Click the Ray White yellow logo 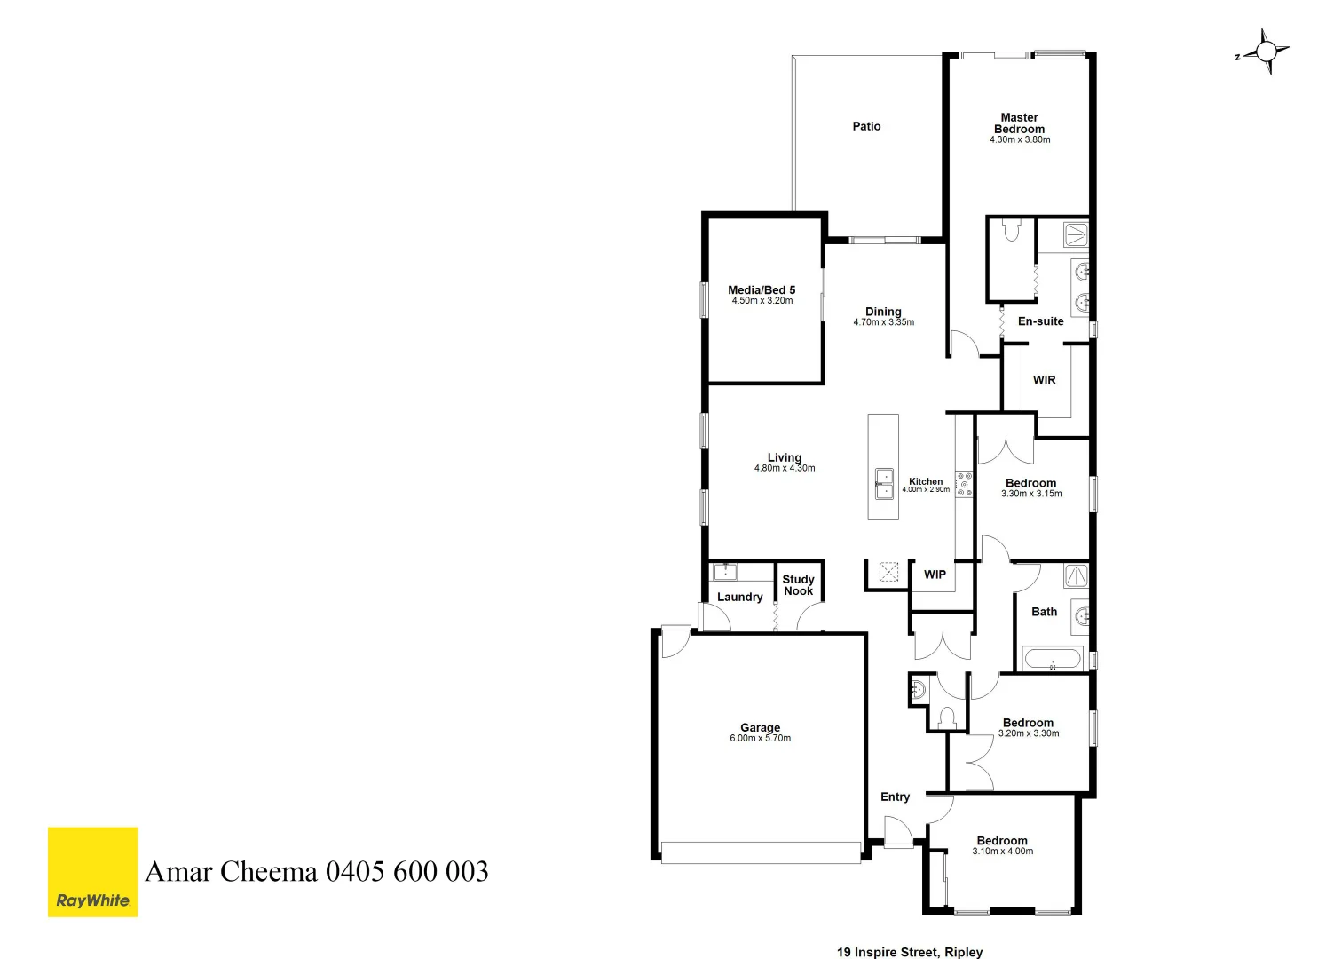coord(92,871)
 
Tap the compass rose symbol coord(1265,52)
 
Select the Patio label coord(866,126)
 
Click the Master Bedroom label coord(1019,123)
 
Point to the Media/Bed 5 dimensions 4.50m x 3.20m coord(762,301)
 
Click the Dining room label coord(883,312)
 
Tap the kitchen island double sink coord(884,483)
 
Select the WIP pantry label coord(935,575)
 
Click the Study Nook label coord(798,585)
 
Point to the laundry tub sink coord(725,571)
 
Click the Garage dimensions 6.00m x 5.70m coord(760,738)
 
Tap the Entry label coord(895,797)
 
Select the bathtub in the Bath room coord(1052,660)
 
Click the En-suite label coord(1040,321)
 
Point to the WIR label coord(1044,380)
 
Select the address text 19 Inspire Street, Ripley coord(910,952)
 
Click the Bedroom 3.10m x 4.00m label coord(1002,841)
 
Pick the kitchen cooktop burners coord(964,484)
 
